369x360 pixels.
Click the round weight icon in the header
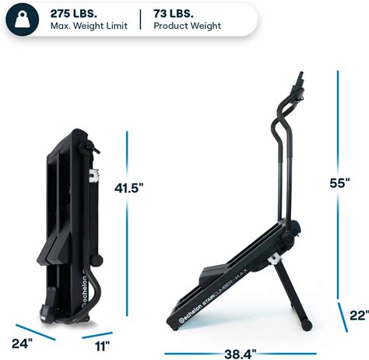point(23,19)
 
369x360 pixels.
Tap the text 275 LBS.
point(74,13)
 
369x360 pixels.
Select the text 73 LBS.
point(174,13)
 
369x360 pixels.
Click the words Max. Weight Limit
point(89,26)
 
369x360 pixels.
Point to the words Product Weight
point(188,26)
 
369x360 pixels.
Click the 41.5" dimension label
point(129,188)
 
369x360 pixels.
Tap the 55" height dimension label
point(339,183)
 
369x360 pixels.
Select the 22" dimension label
point(359,316)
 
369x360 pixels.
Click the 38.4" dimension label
point(240,354)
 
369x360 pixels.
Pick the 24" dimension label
point(23,344)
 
